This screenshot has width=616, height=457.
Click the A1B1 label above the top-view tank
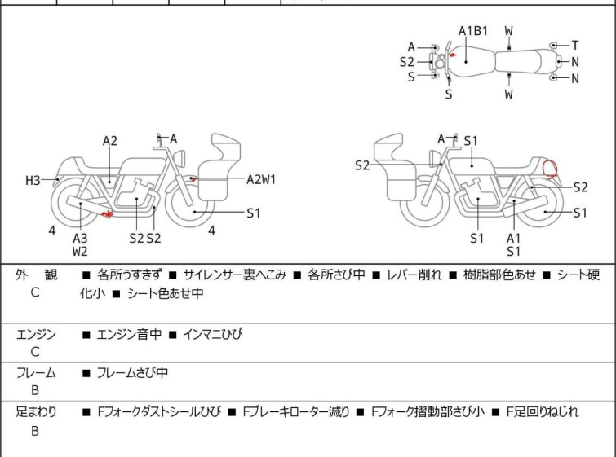(x=472, y=31)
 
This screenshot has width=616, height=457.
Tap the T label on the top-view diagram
(x=574, y=45)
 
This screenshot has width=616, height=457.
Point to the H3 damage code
(x=33, y=180)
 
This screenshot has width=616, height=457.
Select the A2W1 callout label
(x=261, y=179)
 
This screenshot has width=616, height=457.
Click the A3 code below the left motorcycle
(x=80, y=238)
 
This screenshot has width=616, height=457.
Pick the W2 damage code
(x=80, y=252)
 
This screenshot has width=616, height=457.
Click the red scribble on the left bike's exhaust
(x=105, y=213)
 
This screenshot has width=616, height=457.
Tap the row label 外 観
(x=37, y=275)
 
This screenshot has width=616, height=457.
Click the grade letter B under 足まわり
(x=35, y=432)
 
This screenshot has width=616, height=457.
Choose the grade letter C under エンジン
(x=35, y=353)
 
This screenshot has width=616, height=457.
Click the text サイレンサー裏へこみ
(x=235, y=275)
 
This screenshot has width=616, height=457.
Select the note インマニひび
(x=213, y=334)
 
